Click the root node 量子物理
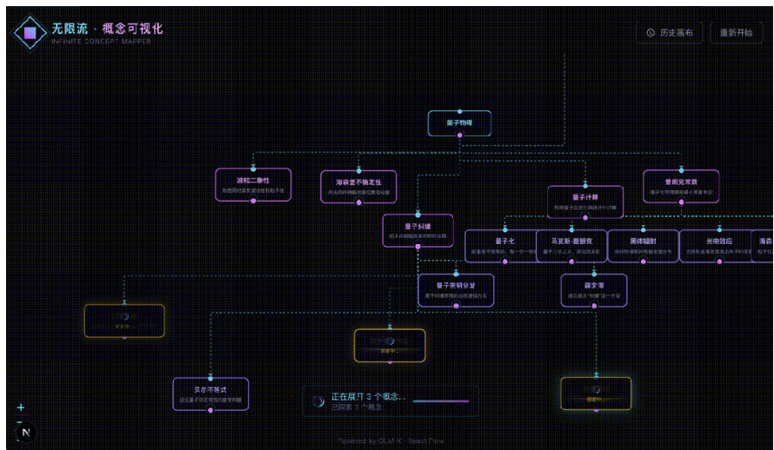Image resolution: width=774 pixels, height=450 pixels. [459, 123]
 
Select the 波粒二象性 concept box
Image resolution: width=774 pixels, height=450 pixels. [253, 185]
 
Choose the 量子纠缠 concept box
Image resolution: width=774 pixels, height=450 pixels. [417, 230]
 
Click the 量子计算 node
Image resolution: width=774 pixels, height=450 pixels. [584, 202]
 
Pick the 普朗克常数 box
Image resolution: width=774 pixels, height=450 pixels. [681, 186]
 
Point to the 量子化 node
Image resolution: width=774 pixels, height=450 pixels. [504, 245]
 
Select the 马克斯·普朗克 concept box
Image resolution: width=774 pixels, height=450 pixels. [571, 245]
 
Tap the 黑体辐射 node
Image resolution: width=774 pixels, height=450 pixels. [643, 245]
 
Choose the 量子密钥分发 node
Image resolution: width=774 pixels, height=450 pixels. [456, 289]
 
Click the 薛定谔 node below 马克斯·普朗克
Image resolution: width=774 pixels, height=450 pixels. [594, 289]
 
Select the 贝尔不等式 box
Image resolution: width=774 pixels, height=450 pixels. [210, 394]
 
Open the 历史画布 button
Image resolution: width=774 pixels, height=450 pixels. [670, 33]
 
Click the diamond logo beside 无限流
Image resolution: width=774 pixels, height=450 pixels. [30, 33]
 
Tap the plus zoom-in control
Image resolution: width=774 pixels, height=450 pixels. [21, 407]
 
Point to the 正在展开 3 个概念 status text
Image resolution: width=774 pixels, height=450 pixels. [369, 396]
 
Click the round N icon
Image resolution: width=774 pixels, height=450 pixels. [27, 432]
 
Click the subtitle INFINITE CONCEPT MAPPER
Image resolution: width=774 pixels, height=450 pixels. [101, 42]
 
